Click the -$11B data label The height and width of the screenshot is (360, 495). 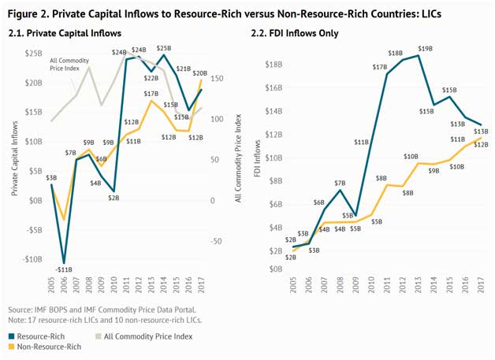point(64,269)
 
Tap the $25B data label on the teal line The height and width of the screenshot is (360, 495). point(164,48)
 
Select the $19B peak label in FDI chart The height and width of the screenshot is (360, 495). point(425,49)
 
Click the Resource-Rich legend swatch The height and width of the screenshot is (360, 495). point(12,336)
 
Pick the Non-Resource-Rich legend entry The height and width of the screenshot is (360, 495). point(45,347)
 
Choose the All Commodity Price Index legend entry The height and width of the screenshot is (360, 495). point(144,336)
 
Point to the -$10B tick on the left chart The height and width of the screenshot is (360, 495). point(32,259)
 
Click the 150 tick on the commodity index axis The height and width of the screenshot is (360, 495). point(218,78)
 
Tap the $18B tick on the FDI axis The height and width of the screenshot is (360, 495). point(274,65)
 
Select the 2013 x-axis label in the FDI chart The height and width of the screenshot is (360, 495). point(419,284)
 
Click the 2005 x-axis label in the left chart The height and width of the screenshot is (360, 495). point(51,284)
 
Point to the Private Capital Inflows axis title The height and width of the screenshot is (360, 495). point(14,158)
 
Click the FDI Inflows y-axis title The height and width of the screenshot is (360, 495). point(257,158)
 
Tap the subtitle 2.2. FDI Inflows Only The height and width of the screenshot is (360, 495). point(295,33)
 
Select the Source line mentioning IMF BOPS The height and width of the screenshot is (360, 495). point(102,310)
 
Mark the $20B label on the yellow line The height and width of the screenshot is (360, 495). point(200,73)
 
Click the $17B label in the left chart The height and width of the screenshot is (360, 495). point(151,94)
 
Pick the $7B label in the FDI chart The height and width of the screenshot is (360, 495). point(340,183)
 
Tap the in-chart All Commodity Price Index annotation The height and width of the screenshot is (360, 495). point(69,65)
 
